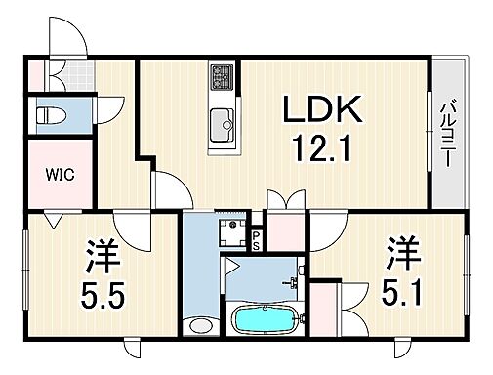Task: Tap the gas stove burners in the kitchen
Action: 220,75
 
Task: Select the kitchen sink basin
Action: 220,124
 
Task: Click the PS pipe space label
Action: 257,239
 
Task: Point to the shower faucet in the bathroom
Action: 291,285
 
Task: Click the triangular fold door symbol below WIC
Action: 50,221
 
